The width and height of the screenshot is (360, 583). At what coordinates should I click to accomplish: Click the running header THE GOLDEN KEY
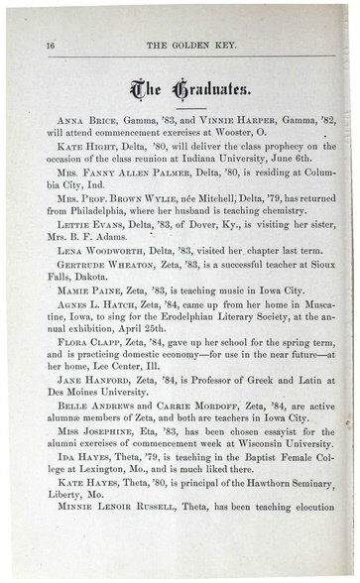tap(187, 46)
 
